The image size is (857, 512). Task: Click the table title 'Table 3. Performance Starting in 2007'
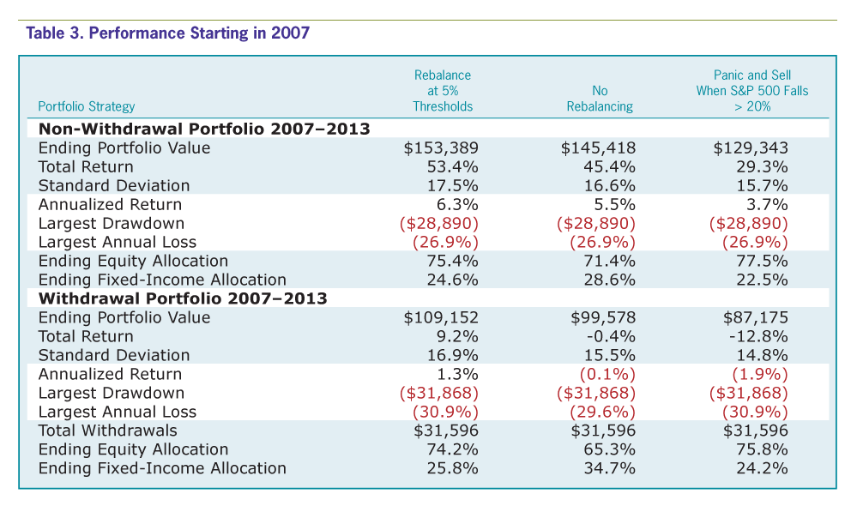point(168,33)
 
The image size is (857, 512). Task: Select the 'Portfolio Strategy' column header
point(87,106)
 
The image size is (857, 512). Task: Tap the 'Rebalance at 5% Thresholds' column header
point(443,91)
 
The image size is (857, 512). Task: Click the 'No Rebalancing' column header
point(600,99)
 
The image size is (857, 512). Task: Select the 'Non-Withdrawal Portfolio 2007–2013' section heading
point(204,129)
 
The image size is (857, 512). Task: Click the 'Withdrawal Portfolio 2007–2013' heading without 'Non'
point(183,298)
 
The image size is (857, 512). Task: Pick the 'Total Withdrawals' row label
point(108,431)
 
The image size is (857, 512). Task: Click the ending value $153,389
point(441,148)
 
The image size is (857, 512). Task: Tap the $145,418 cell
point(599,148)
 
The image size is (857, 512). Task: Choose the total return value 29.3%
point(762,166)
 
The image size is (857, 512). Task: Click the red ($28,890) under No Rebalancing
point(596,224)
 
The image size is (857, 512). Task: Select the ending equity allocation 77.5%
point(762,262)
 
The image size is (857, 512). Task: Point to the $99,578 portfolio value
point(603,317)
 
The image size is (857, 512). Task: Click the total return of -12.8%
point(758,336)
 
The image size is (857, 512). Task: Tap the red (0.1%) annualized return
point(607,374)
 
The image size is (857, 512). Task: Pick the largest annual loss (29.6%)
point(603,412)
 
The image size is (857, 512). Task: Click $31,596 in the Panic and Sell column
point(756,431)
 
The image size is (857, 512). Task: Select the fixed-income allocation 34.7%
point(609,468)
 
